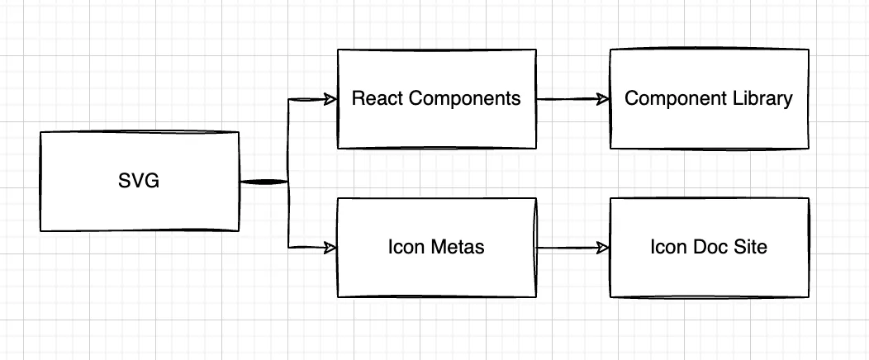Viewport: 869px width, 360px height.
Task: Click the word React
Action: tap(378, 99)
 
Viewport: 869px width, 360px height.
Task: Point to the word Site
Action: tap(749, 247)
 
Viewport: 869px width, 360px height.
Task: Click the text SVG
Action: tap(139, 181)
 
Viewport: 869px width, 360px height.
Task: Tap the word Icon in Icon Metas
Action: tap(405, 247)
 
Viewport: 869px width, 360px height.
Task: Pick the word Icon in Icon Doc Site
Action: tap(667, 247)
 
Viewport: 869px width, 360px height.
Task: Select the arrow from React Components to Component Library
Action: tap(572, 99)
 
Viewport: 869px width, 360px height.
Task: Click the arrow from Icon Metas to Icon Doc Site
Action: tap(572, 247)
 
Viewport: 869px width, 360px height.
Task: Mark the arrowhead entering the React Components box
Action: tap(330, 99)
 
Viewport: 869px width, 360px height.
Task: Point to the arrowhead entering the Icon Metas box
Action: tap(330, 247)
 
